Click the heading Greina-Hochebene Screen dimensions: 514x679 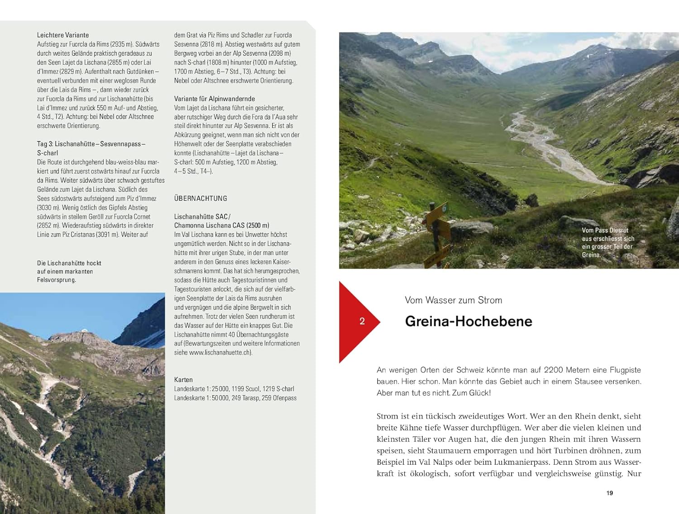pos(468,321)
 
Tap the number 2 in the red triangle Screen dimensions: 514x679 pos(362,321)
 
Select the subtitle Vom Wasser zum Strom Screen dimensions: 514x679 pos(453,300)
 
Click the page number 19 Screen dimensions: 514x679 pos(609,493)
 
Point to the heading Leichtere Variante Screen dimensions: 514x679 pos(63,35)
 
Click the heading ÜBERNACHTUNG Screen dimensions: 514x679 pos(201,198)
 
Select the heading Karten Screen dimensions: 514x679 pos(183,380)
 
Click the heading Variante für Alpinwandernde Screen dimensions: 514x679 pos(214,99)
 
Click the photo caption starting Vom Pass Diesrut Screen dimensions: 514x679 pos(607,242)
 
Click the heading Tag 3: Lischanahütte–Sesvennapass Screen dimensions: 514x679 pos(91,144)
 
